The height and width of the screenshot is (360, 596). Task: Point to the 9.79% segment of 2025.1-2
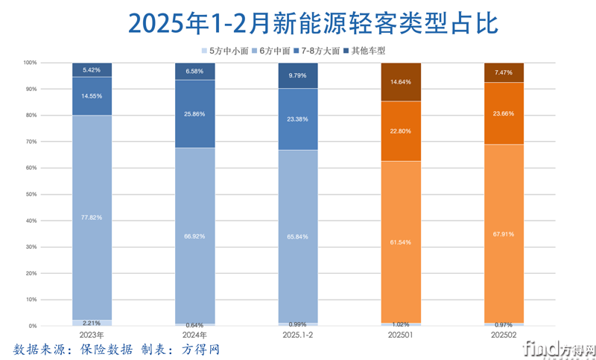[x=297, y=76]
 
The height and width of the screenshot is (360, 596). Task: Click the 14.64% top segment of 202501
[x=401, y=82]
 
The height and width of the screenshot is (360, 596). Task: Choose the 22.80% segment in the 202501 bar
[x=401, y=132]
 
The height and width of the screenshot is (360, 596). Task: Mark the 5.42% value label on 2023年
[x=92, y=70]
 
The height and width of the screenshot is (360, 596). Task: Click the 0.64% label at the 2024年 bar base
[x=194, y=325]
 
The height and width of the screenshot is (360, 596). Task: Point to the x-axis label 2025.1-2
[x=297, y=335]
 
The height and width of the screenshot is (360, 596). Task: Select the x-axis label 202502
[x=504, y=335]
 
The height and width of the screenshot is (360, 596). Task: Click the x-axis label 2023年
[x=92, y=335]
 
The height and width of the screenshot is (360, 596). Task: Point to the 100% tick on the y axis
[x=28, y=63]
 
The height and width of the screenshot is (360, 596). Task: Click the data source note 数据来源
[x=116, y=350]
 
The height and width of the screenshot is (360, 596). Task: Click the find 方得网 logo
[x=559, y=348]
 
